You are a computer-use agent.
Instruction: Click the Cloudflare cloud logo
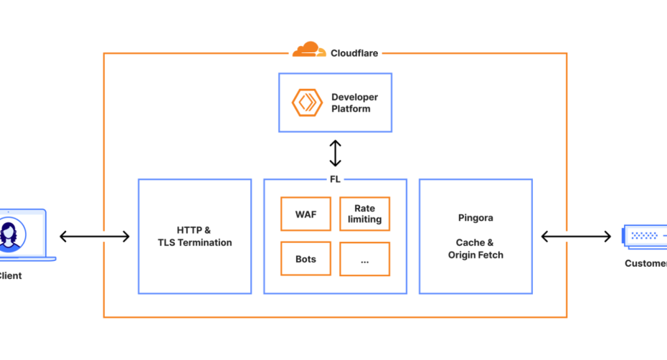coord(308,50)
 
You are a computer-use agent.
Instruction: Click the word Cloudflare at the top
coord(354,53)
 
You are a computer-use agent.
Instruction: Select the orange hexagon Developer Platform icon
coord(307,103)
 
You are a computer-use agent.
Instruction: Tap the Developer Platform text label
coord(354,103)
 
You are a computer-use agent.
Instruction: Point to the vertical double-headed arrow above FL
coord(335,153)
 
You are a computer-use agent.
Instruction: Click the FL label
coord(335,179)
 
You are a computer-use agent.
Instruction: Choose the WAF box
coord(306,214)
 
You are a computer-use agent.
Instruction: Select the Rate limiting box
coord(364,214)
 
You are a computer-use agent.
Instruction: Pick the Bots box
coord(306,259)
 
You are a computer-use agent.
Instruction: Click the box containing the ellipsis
coord(364,259)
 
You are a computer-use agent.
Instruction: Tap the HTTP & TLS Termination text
coord(194,237)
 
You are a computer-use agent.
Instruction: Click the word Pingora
coord(476,217)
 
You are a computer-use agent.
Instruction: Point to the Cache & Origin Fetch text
coord(476,249)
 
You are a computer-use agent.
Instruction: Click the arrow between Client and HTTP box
coord(95,237)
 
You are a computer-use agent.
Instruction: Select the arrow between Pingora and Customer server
coord(576,237)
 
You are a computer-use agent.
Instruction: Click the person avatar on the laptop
coord(11,235)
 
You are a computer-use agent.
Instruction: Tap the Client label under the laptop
coord(10,275)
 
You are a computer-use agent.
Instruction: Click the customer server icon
coord(645,235)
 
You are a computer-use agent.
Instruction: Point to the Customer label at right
coord(645,263)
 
